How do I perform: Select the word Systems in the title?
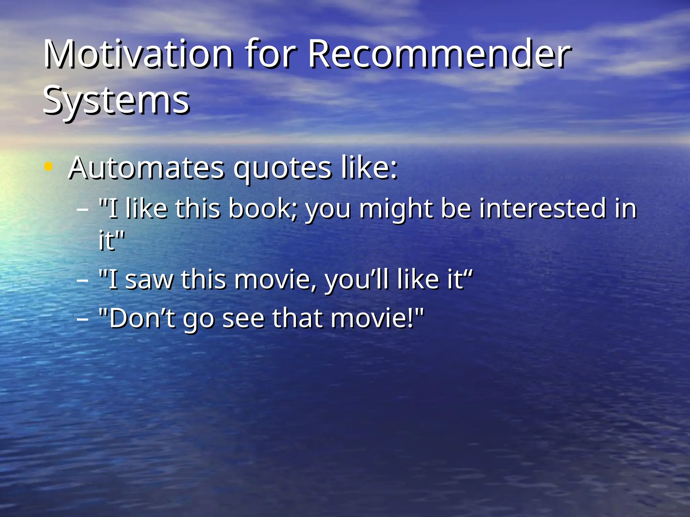tap(116, 100)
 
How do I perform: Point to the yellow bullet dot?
tap(49, 166)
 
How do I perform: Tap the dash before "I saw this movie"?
tap(83, 280)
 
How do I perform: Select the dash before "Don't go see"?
tap(83, 318)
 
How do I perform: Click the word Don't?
tap(142, 318)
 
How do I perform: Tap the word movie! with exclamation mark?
tap(373, 318)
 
